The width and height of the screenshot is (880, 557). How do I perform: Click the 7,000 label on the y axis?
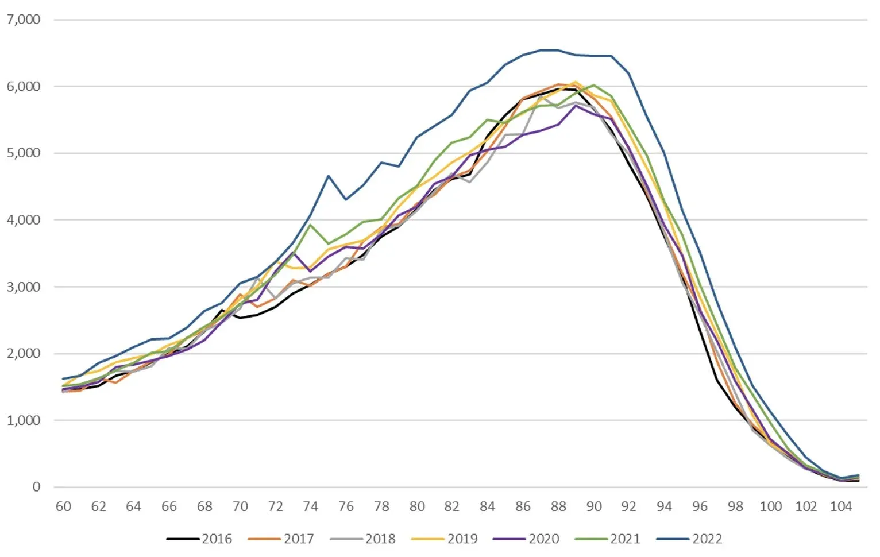coord(24,20)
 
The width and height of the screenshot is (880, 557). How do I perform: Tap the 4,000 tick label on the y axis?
coord(24,220)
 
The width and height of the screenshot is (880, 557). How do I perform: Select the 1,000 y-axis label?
coord(24,420)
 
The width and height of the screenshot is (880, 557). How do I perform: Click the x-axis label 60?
coord(63,506)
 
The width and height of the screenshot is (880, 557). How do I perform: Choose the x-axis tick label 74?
coord(311,506)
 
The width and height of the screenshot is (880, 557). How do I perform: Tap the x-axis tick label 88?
coord(558,506)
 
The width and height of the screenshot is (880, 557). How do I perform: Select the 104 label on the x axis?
coord(841,506)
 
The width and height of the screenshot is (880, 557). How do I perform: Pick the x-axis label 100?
coord(770,506)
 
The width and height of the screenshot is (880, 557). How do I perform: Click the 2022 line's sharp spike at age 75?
coord(329,176)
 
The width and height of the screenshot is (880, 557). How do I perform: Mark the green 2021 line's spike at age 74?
coord(311,225)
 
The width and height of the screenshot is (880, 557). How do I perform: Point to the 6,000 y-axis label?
coord(24,86)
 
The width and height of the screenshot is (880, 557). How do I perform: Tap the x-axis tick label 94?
coord(665,506)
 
